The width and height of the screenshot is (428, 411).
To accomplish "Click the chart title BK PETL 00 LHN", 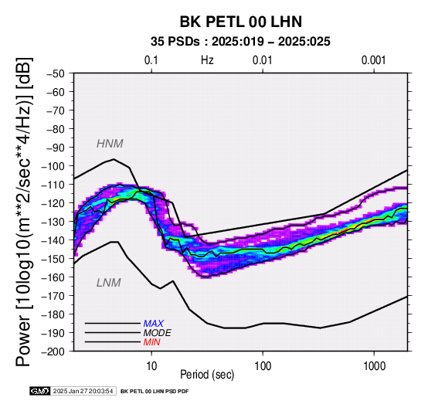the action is (241, 22).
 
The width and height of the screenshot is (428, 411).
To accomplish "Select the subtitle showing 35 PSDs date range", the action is (240, 42).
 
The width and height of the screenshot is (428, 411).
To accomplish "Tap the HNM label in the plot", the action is (110, 144).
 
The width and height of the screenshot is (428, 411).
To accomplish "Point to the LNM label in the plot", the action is (109, 283).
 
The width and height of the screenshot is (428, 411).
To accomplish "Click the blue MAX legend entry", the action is (154, 324).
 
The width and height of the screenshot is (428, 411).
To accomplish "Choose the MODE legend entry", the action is (158, 333).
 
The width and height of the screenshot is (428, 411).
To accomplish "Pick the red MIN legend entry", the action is (151, 342).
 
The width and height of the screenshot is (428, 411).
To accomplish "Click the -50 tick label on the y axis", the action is (55, 73).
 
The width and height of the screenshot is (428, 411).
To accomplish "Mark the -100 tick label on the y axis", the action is (53, 166).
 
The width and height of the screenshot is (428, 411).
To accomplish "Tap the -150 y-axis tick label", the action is (53, 259).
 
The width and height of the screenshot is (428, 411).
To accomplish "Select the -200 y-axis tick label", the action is (53, 352).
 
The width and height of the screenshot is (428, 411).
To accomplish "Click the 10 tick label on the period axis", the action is (151, 366).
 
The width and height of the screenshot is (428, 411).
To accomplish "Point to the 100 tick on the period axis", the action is (263, 366).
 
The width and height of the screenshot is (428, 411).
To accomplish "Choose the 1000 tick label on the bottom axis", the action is (374, 366).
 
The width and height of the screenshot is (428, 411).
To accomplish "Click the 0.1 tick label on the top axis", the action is (151, 60).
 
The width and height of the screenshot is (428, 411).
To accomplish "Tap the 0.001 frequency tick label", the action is (374, 60).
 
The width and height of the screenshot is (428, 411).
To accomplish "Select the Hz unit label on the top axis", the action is (207, 60).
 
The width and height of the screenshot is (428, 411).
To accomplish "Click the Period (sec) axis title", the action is (207, 375).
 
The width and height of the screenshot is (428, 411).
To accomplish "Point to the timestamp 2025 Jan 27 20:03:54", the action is (83, 392).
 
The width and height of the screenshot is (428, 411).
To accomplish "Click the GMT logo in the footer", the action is (40, 391).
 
